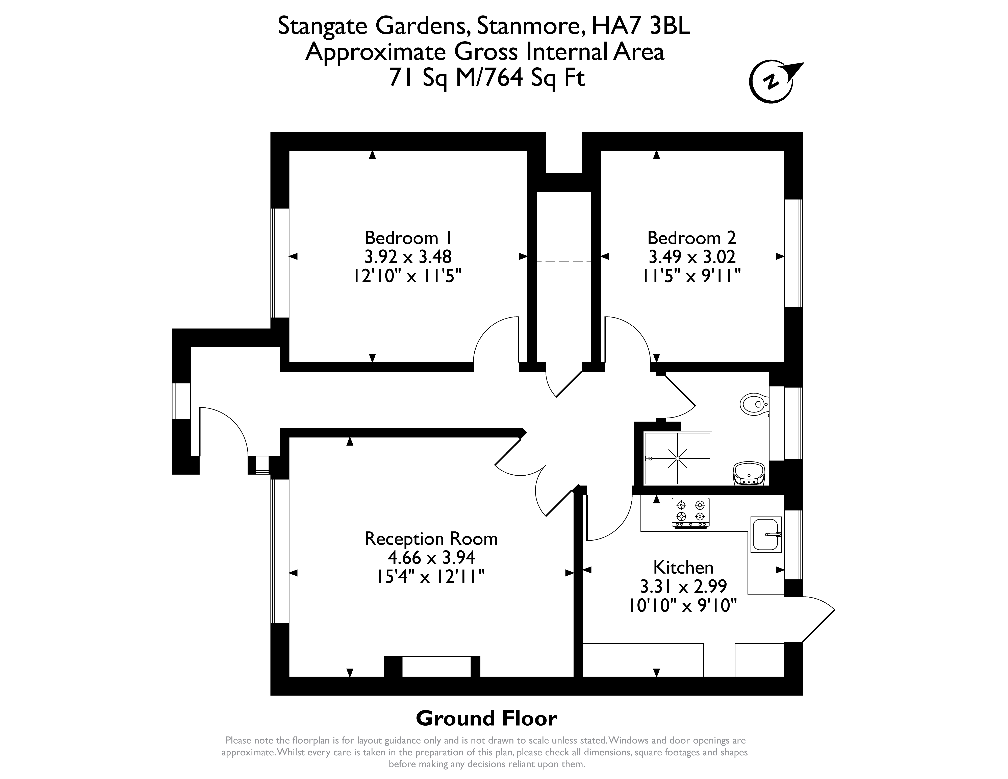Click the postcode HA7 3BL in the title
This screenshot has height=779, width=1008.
pos(641,26)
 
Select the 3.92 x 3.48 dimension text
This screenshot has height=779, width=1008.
pos(408,257)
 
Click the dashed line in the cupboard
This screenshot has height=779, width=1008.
pos(564,261)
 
